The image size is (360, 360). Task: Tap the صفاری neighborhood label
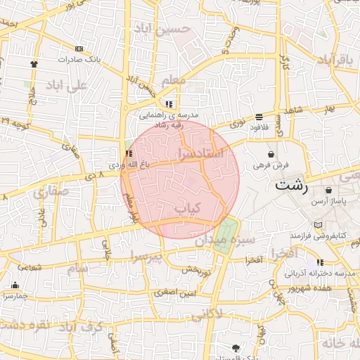(x=51, y=190)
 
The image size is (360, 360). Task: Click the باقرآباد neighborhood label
(x=333, y=59)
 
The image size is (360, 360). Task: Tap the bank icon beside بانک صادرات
(x=79, y=49)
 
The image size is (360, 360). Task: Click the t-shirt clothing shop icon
(x=33, y=64)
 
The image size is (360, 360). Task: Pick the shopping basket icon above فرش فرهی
(x=271, y=154)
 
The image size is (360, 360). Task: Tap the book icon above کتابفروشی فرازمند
(x=319, y=225)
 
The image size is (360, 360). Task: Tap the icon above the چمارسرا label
(x=15, y=285)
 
